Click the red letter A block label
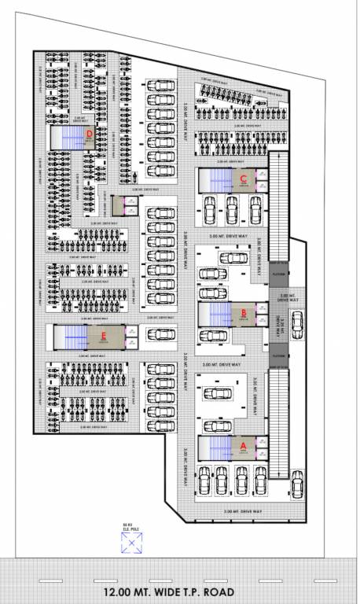(x=243, y=445)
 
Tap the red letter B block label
(x=244, y=312)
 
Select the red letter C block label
(x=244, y=179)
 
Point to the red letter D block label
(x=90, y=134)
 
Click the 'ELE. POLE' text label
(x=127, y=528)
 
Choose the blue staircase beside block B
(x=214, y=315)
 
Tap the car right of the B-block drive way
(x=297, y=322)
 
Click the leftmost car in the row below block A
(x=205, y=479)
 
